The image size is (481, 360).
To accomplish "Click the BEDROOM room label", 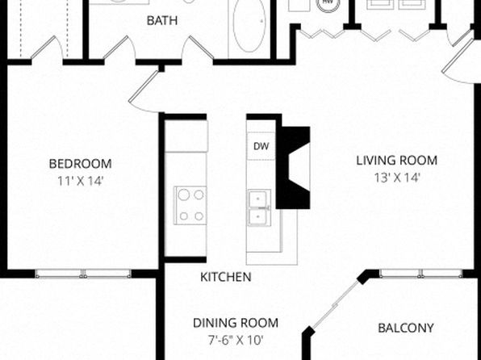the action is click(x=81, y=164).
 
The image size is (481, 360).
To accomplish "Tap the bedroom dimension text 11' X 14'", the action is click(x=81, y=182).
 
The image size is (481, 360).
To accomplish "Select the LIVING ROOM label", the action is click(x=396, y=161).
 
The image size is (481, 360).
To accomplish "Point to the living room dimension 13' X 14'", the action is click(x=396, y=178).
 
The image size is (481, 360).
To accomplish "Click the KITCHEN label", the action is click(x=226, y=277).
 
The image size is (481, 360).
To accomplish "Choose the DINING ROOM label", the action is click(x=236, y=323).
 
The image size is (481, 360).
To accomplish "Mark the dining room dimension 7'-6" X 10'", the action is click(x=236, y=340).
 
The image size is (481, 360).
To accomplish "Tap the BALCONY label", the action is click(x=406, y=328).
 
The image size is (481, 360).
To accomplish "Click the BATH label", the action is click(x=162, y=20).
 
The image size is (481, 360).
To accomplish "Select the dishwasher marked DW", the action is click(x=261, y=146).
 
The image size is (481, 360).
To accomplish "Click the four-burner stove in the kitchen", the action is click(x=190, y=205).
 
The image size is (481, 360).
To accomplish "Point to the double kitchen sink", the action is click(x=260, y=207).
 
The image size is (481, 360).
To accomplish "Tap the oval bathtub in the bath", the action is click(x=249, y=25).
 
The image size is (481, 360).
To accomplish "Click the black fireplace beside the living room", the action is click(x=293, y=168).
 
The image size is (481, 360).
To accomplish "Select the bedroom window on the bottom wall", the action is click(x=83, y=274).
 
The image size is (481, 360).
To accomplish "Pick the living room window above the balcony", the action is click(x=421, y=274).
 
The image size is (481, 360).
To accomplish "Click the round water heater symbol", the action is click(x=328, y=4).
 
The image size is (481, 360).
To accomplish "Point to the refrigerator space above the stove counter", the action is click(x=186, y=136).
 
